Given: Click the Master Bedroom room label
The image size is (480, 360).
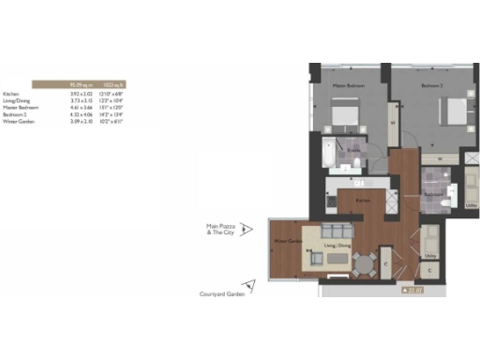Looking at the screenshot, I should click(x=349, y=87).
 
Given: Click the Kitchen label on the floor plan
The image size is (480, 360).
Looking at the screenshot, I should click(x=362, y=200).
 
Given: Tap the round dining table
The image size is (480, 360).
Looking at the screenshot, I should click(x=362, y=263).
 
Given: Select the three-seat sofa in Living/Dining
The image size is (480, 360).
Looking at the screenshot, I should click(x=330, y=232).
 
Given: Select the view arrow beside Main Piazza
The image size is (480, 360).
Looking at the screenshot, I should click(x=247, y=228).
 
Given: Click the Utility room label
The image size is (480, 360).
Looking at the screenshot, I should click(x=430, y=254).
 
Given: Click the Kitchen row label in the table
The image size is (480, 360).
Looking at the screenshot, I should click(x=10, y=95).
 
